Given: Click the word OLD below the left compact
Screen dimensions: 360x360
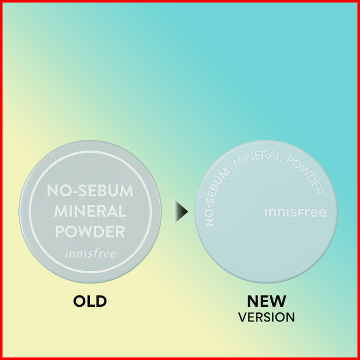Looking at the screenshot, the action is tap(90, 301).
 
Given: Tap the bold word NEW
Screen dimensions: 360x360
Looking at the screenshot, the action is tap(266, 301).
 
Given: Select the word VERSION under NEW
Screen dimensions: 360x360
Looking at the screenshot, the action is tap(266, 317).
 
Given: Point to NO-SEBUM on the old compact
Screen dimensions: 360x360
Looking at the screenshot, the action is tap(90, 191).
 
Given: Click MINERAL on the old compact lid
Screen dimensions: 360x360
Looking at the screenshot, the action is tap(90, 211).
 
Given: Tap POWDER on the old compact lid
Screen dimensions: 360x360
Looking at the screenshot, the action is tap(90, 232).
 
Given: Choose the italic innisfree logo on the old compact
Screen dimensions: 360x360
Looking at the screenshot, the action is tap(90, 252).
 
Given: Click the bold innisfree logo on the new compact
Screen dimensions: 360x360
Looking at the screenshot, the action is tap(296, 213).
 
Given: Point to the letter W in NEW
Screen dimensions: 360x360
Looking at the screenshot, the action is tap(278, 301).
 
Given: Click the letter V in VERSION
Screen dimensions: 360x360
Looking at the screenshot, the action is tap(242, 317).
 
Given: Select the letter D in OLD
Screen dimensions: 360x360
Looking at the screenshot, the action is tap(101, 301).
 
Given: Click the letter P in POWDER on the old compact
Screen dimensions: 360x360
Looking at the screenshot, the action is tap(60, 232).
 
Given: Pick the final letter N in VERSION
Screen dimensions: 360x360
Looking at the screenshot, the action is tap(291, 317).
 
